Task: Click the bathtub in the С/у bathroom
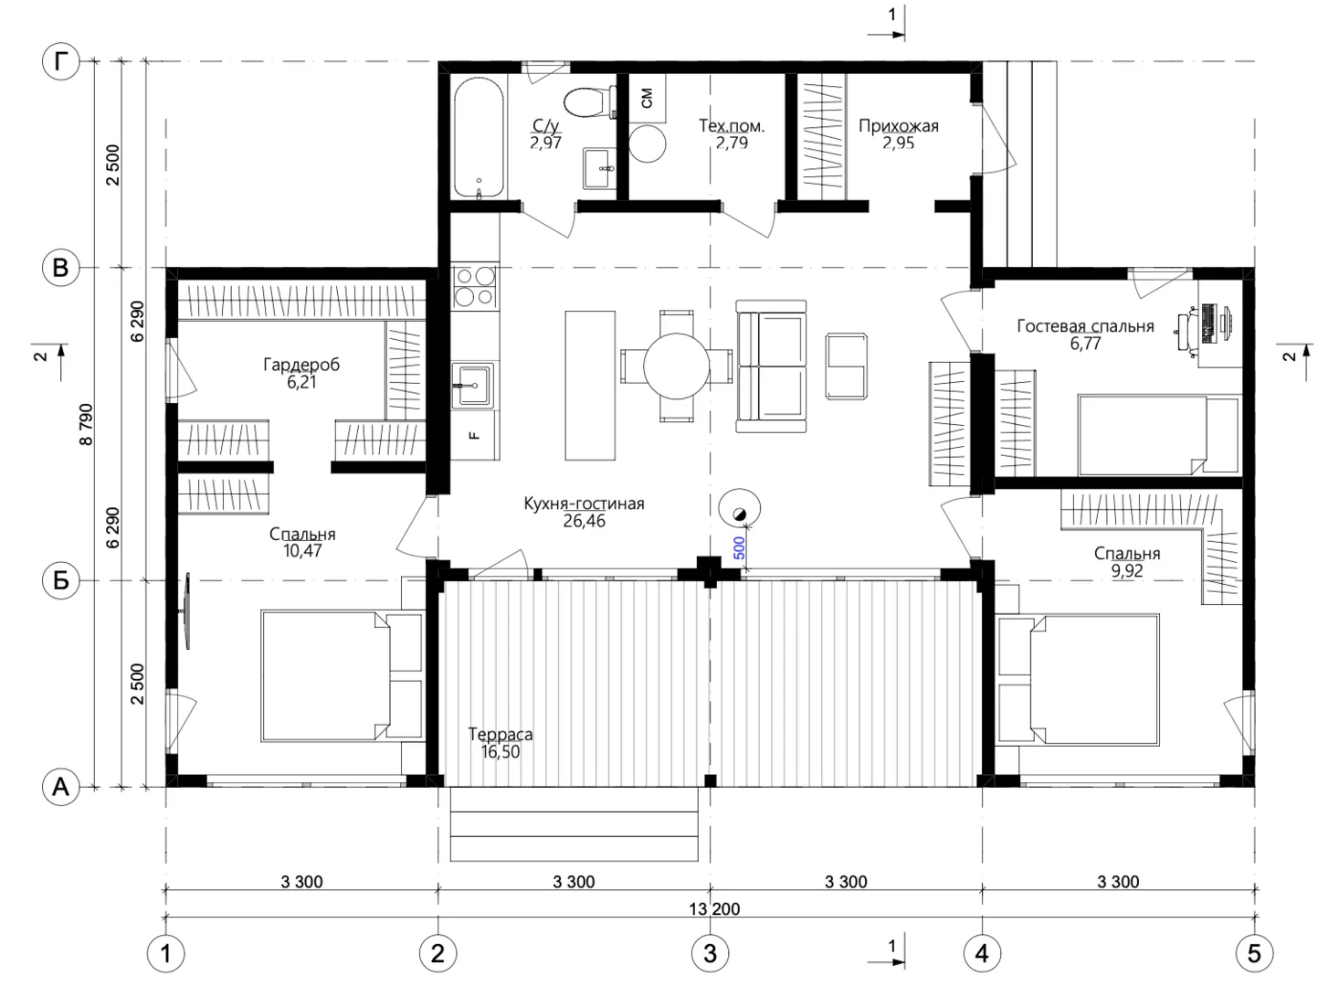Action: tap(479, 137)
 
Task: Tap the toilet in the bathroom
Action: tap(590, 102)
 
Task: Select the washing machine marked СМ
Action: tap(647, 98)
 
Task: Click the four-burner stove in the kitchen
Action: tap(475, 287)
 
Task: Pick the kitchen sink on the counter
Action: tap(473, 386)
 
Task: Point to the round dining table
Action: tap(677, 366)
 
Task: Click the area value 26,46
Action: tap(584, 521)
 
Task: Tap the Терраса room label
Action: tap(501, 734)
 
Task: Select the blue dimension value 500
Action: tap(739, 548)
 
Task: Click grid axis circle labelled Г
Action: tap(61, 61)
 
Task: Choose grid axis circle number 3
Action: tap(711, 953)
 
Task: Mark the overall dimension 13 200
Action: tap(714, 909)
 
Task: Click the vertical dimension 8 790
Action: tap(87, 424)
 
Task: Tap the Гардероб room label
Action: tap(301, 365)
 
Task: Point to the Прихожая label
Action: tap(899, 125)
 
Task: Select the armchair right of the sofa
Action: tap(846, 366)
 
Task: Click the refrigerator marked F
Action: tap(475, 436)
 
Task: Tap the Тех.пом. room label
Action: tap(732, 125)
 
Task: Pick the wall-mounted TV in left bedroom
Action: tap(187, 610)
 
